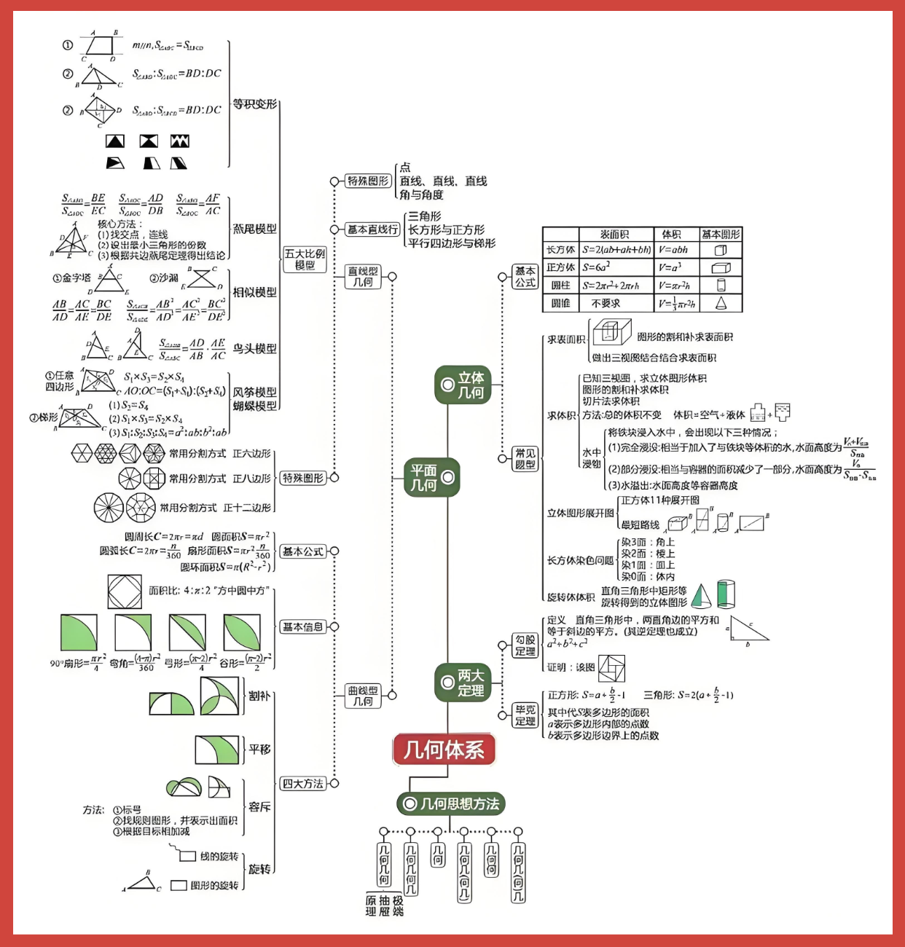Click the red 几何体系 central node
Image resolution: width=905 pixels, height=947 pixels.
point(444,750)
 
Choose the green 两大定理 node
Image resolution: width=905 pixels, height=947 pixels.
point(463,683)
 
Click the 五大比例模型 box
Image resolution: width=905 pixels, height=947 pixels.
point(305,259)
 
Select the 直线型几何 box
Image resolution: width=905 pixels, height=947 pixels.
point(363,277)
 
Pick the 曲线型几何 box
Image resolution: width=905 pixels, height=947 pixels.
point(363,696)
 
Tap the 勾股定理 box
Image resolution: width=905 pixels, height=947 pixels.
point(525,645)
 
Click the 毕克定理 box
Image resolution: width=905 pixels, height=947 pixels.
point(525,715)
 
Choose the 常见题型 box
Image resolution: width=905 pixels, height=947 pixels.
point(525,459)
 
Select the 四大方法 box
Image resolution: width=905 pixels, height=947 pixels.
point(302,784)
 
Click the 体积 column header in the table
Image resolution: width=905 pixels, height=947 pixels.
point(671,235)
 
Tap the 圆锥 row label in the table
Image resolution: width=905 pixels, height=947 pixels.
point(560,303)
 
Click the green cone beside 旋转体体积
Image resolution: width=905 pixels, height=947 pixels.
point(701,596)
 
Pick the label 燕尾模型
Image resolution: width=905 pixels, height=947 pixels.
point(254,229)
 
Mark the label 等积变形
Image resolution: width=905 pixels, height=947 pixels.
point(254,104)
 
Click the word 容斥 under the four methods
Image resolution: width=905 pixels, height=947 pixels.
point(259,807)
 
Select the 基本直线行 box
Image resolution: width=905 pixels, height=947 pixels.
point(372,229)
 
